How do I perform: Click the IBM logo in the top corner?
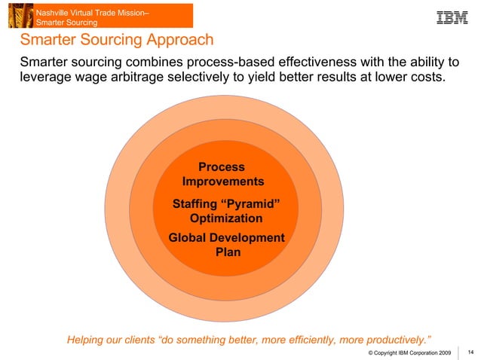pos(452,17)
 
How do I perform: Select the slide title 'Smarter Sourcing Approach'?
pos(117,40)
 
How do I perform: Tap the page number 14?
pos(471,352)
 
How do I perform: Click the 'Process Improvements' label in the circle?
pos(222,174)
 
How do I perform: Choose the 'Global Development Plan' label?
pos(227,245)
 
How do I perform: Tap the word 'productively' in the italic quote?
pos(391,340)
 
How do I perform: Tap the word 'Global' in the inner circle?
pos(189,238)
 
